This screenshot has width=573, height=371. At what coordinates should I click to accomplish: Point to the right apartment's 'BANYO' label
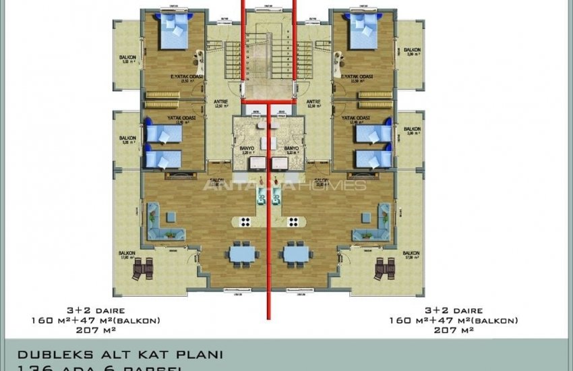[x=291, y=148]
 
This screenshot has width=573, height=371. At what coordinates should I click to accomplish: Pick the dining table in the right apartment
[x=297, y=254]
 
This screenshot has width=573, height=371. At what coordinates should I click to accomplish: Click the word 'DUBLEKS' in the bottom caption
[x=46, y=354]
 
